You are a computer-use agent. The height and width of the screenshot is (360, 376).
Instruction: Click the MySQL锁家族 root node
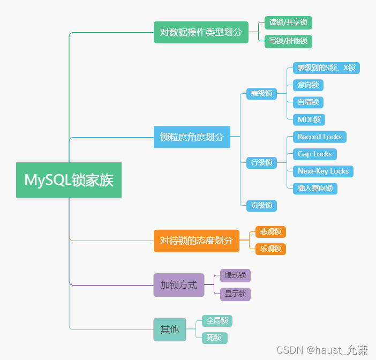(69, 180)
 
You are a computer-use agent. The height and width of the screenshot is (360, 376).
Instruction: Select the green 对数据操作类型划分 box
(201, 32)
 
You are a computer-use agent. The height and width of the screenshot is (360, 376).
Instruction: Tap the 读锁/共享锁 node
(288, 22)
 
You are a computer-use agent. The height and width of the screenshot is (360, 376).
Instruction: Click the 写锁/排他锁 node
(288, 41)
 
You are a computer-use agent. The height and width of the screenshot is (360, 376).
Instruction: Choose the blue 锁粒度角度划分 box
(192, 137)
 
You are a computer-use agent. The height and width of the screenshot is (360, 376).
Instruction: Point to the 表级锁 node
(261, 94)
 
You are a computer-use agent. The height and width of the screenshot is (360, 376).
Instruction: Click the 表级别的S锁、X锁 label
(326, 68)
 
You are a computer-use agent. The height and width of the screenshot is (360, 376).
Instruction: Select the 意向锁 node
(308, 85)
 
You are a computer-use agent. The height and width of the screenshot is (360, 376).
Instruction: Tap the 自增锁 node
(308, 102)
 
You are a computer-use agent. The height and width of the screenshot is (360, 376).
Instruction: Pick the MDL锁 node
(309, 119)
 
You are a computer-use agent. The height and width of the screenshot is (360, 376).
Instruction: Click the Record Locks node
(319, 137)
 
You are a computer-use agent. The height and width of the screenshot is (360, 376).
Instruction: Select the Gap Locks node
(314, 154)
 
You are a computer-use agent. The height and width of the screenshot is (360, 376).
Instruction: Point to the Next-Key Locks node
(323, 171)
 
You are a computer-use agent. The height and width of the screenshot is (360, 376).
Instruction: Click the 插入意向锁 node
(315, 188)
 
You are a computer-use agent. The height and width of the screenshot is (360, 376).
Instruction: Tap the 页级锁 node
(261, 205)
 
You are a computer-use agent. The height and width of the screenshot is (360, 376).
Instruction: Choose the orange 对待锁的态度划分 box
(196, 241)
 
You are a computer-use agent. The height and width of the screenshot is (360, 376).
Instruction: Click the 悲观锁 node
(270, 231)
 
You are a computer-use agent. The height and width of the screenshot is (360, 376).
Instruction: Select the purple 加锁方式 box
(178, 285)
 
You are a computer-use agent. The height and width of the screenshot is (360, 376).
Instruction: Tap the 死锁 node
(214, 338)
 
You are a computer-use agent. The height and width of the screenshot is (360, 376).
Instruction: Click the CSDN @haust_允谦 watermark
(322, 350)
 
